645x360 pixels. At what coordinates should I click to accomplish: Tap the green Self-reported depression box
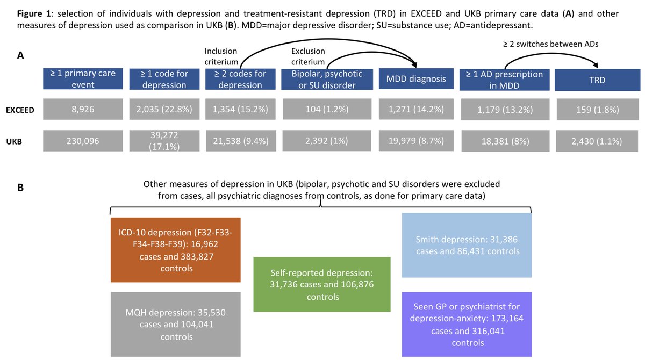tap(321, 284)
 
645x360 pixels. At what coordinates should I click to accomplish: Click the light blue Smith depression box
tap(467, 245)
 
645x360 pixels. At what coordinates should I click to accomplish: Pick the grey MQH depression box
tap(175, 324)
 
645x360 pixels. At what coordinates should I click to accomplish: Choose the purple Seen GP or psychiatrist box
tap(467, 324)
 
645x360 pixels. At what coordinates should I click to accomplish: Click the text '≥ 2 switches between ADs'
tap(550, 45)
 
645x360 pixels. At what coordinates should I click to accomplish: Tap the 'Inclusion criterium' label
tap(221, 56)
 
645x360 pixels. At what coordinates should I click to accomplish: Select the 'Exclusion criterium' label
tap(308, 56)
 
